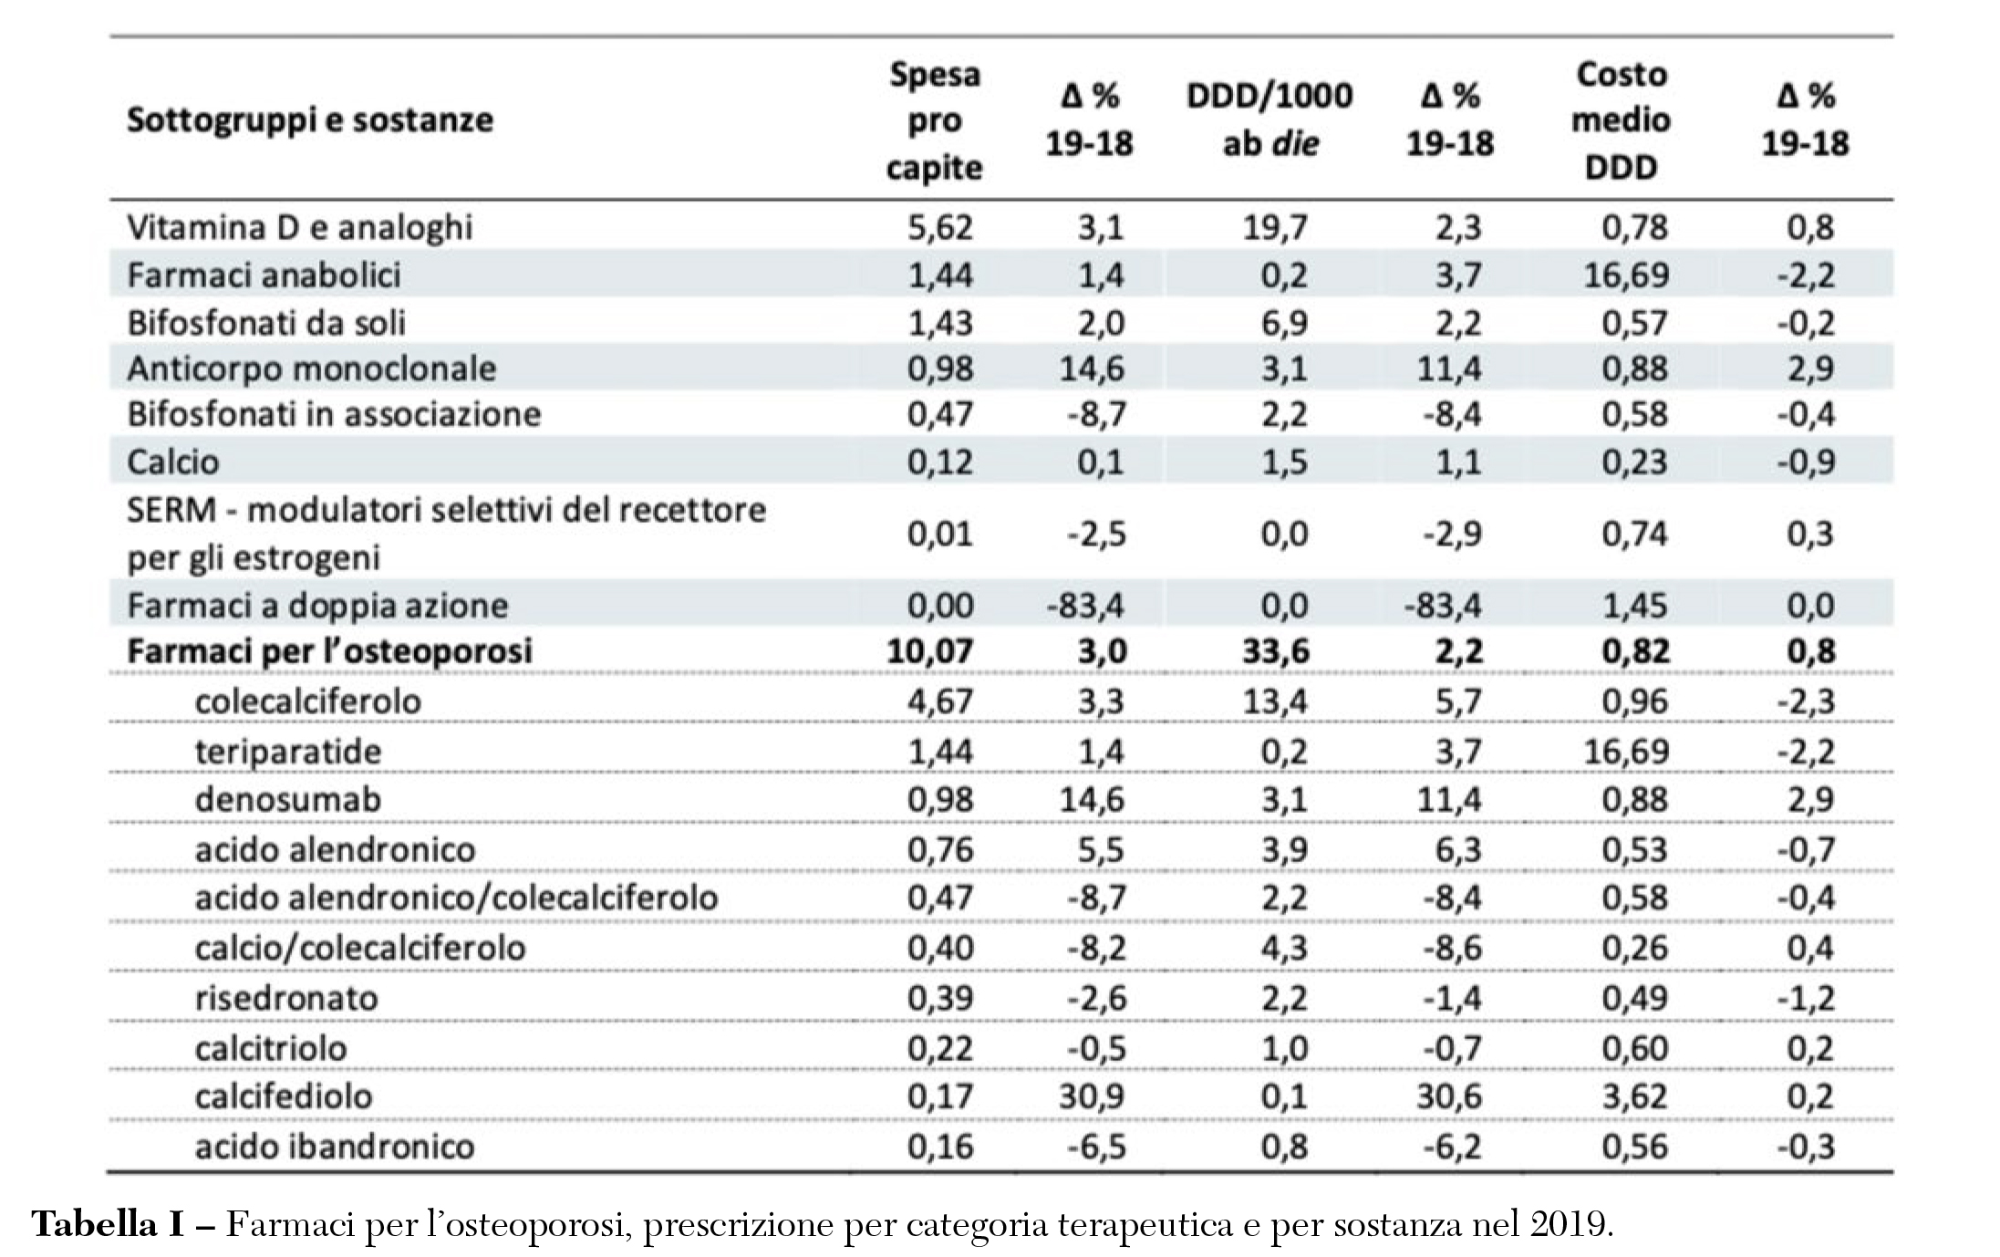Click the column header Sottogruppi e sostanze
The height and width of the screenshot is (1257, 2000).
point(310,119)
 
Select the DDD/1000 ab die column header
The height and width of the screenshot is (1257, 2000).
point(1269,119)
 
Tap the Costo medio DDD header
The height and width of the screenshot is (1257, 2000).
point(1621,119)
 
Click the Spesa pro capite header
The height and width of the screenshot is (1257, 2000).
point(935,119)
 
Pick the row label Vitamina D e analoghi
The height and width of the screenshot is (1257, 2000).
point(299,227)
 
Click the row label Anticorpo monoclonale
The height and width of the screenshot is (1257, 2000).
point(311,369)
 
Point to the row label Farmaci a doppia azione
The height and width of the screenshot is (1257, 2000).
point(317,606)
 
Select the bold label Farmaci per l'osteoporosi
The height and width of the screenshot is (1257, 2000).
point(329,651)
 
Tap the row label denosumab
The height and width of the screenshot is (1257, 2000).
point(288,799)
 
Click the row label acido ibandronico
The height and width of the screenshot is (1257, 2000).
point(335,1146)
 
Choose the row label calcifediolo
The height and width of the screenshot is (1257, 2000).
point(284,1096)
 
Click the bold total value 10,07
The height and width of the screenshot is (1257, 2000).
point(929,651)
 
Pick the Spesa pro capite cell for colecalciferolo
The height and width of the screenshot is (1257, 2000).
point(939,701)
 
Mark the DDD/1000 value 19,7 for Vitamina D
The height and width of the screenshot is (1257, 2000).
point(1275,227)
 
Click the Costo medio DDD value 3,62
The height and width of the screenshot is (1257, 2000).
point(1635,1096)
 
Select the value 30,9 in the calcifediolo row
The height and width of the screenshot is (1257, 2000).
point(1092,1096)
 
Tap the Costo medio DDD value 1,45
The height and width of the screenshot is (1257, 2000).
point(1635,606)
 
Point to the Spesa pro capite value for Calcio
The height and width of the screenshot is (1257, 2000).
point(939,462)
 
